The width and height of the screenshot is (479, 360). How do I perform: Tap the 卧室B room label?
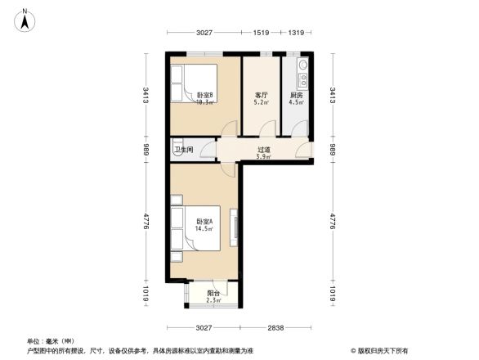(x=204, y=95)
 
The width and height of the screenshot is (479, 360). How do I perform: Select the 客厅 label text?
(x=261, y=95)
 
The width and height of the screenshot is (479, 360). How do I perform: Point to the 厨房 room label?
(x=297, y=95)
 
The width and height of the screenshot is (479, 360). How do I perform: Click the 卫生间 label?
(x=183, y=150)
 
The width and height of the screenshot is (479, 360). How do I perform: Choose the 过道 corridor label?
(x=263, y=149)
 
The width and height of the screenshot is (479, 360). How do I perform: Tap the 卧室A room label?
(x=204, y=222)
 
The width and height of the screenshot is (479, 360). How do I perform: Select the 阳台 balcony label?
(x=213, y=293)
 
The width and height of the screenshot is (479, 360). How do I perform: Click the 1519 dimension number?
(x=261, y=33)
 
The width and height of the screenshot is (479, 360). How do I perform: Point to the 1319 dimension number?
(x=296, y=33)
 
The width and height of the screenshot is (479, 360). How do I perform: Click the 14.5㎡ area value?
(x=204, y=229)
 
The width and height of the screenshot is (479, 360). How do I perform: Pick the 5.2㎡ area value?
(x=261, y=103)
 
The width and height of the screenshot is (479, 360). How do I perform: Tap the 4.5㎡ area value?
(x=297, y=103)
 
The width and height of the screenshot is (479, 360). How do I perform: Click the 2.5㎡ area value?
(x=213, y=300)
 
